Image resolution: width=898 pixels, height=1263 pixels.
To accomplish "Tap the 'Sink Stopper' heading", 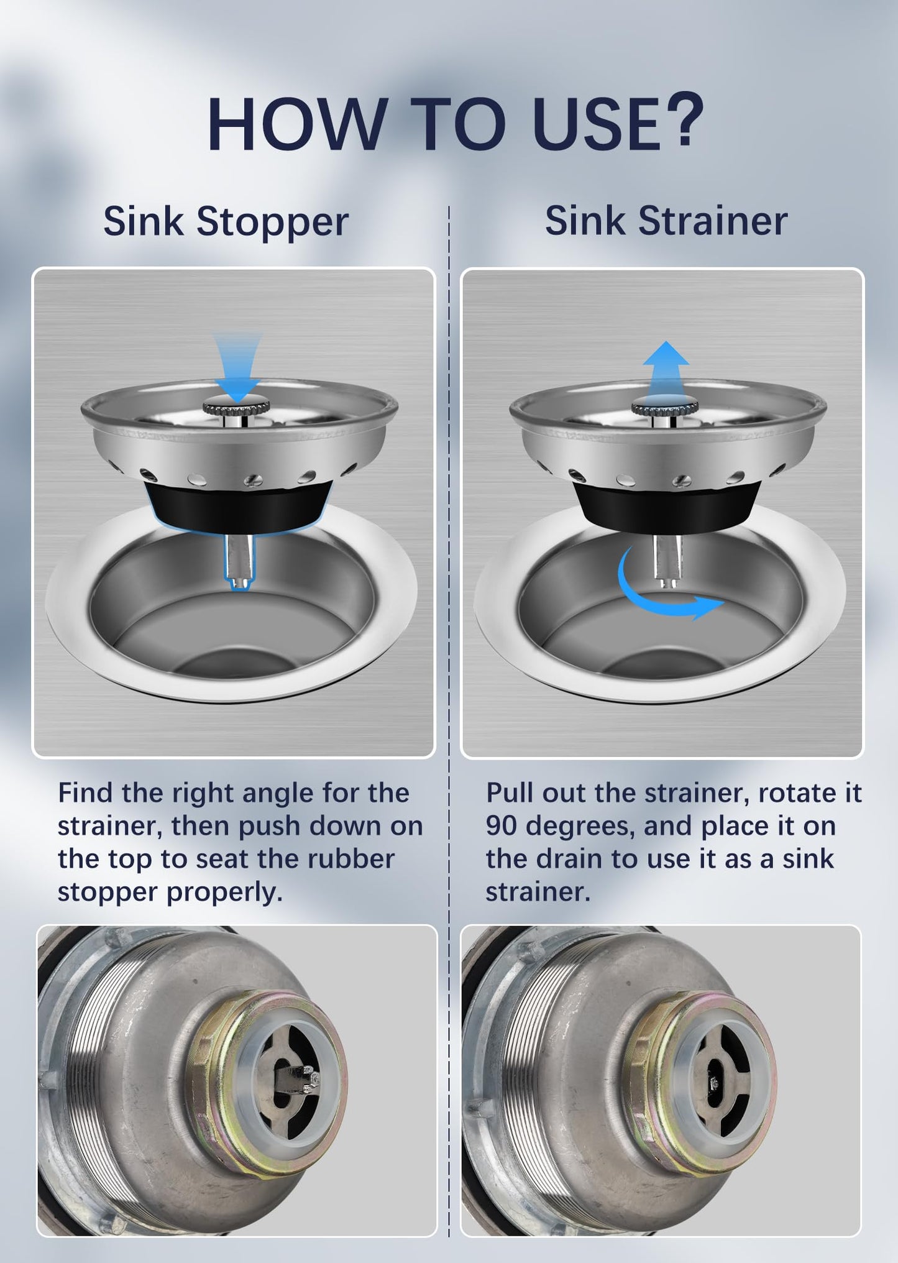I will [226, 221].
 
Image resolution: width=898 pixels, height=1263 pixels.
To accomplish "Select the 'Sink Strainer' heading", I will [666, 221].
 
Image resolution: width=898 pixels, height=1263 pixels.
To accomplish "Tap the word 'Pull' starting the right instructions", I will [510, 793].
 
